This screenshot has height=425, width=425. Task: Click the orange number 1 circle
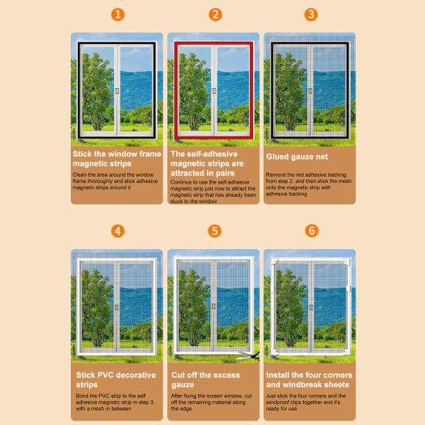tap(118, 15)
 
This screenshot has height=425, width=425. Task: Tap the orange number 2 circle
tap(215, 15)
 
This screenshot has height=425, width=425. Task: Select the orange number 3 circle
tap(311, 15)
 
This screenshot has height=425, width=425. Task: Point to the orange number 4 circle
tap(118, 231)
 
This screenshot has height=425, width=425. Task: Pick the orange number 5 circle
tap(214, 231)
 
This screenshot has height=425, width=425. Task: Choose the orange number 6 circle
tap(312, 231)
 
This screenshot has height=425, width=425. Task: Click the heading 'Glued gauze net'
tap(297, 157)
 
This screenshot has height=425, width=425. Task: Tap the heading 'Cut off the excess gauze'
tap(205, 379)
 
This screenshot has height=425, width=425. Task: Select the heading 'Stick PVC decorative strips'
tap(116, 379)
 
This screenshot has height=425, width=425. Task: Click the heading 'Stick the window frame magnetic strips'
tap(116, 159)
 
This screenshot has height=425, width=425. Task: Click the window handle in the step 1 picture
tap(116, 91)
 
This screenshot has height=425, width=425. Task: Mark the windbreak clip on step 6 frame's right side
tap(349, 288)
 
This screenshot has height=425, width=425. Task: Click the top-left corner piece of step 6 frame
tap(275, 261)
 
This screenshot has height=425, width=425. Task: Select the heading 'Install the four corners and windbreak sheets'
tap(309, 379)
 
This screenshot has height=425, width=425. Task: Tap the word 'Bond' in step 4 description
tap(83, 396)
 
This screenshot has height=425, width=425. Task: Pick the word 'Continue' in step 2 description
tap(181, 182)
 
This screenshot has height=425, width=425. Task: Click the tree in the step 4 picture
tap(96, 308)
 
